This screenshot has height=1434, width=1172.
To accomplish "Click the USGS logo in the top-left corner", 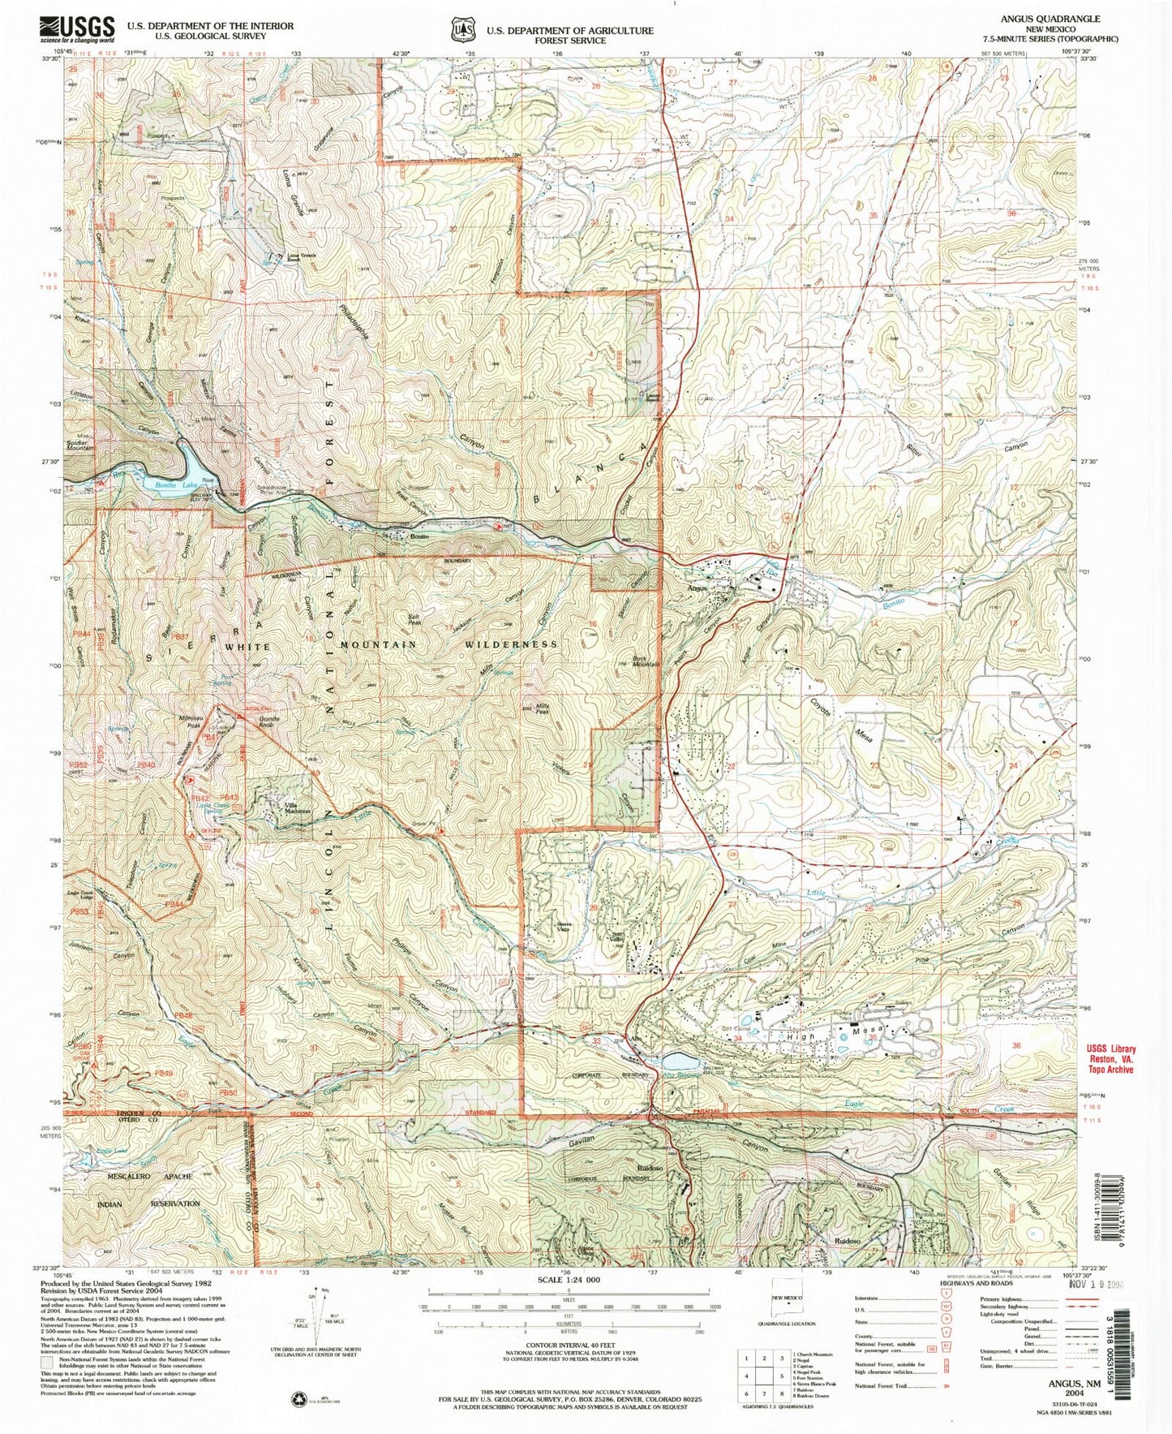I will click(78, 31).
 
